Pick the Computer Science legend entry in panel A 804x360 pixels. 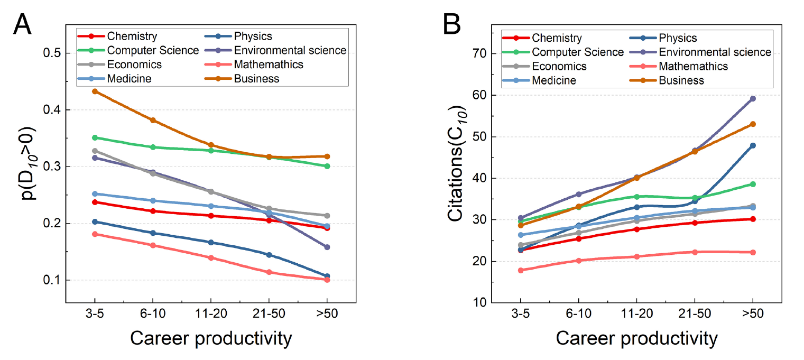pyautogui.click(x=153, y=51)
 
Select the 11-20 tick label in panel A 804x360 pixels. pyautogui.click(x=211, y=313)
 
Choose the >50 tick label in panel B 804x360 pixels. pyautogui.click(x=752, y=313)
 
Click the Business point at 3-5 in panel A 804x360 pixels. pyautogui.click(x=95, y=91)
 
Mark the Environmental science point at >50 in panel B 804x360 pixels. pyautogui.click(x=752, y=98)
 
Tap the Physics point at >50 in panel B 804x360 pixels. pyautogui.click(x=752, y=145)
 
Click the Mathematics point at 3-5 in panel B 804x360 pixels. pyautogui.click(x=521, y=270)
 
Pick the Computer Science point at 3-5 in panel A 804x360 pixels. pyautogui.click(x=95, y=137)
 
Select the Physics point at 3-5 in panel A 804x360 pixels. pyautogui.click(x=95, y=221)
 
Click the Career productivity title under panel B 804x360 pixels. pyautogui.click(x=636, y=338)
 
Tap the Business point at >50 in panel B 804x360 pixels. pyautogui.click(x=752, y=124)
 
